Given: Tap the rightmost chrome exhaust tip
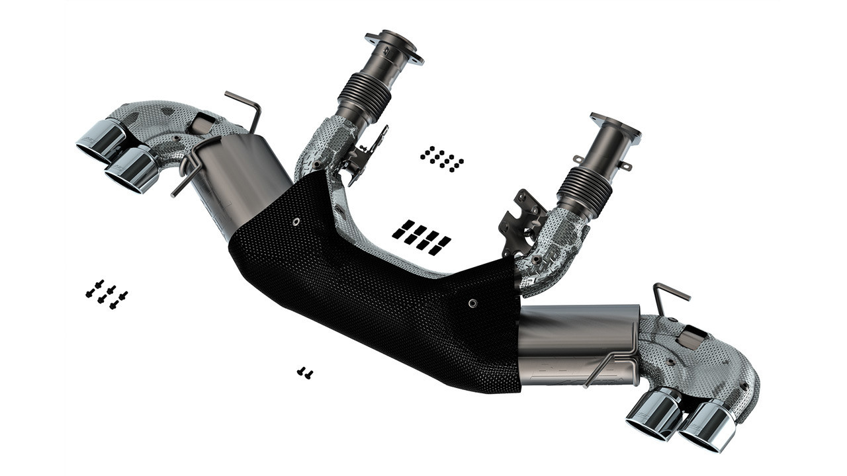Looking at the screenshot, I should click(708, 426).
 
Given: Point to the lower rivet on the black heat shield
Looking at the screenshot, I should click(472, 303).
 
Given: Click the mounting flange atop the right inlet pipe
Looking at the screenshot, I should click(615, 128).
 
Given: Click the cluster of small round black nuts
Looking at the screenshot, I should click(441, 159).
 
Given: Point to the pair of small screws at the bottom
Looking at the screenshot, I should click(304, 373).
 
